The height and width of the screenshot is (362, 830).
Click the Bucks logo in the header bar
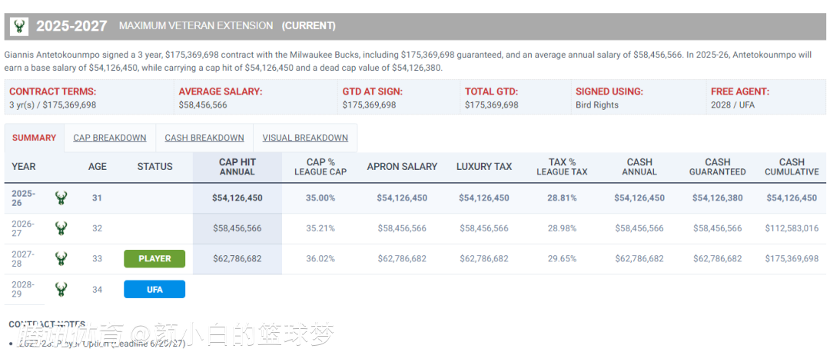tap(18, 26)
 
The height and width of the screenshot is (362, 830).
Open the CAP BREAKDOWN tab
tap(110, 138)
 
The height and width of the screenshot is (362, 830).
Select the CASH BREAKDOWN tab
tap(204, 138)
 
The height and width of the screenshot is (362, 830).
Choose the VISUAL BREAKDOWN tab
tap(305, 138)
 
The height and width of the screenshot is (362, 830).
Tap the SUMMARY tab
tap(34, 138)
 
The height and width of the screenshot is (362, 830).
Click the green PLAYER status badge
tap(154, 259)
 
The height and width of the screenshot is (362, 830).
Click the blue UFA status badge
tap(154, 289)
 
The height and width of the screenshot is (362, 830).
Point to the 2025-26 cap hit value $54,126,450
tap(237, 198)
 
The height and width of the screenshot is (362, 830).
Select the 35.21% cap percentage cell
tap(320, 228)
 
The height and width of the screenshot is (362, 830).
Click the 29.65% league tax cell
tap(562, 259)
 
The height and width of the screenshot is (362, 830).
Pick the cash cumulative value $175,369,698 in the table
tap(792, 259)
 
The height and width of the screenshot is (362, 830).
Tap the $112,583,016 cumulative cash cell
tap(792, 228)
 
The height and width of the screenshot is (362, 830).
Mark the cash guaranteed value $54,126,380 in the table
tap(717, 198)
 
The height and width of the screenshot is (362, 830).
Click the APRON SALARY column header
tap(402, 167)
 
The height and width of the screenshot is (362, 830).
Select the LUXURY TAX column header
tap(484, 167)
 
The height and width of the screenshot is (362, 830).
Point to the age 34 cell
tap(97, 289)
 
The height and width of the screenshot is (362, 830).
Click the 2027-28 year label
tap(23, 259)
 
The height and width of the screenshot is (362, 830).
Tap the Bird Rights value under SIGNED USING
tap(597, 105)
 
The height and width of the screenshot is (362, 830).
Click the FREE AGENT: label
tap(739, 91)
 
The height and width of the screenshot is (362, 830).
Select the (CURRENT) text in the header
tap(309, 25)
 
